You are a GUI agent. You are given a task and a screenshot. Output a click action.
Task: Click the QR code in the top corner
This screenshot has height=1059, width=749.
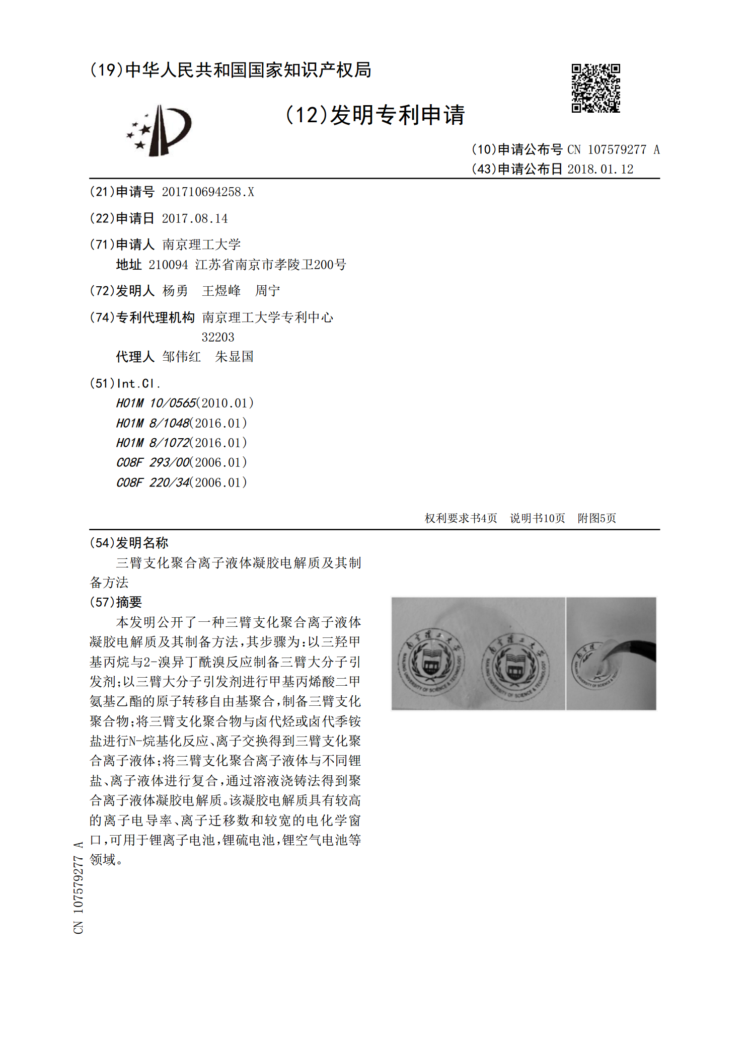595,88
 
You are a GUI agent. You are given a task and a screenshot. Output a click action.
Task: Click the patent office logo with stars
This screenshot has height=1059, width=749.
159,130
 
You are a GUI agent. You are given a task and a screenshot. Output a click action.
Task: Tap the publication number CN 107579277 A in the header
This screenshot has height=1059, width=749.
613,149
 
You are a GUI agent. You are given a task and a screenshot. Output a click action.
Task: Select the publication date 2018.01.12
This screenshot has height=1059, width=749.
600,169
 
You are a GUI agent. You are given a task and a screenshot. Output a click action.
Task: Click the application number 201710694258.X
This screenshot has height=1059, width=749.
208,192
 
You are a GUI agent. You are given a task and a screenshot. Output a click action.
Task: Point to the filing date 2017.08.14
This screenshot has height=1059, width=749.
195,218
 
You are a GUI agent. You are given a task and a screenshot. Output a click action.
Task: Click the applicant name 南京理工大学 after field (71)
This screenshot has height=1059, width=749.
201,245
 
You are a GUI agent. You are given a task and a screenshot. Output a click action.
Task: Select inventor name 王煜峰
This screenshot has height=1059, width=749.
221,291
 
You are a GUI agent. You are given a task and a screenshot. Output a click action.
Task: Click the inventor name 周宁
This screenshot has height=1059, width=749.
267,291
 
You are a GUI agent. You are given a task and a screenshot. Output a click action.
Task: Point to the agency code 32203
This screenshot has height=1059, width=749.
218,337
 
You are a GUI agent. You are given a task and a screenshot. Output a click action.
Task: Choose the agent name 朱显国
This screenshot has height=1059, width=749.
234,357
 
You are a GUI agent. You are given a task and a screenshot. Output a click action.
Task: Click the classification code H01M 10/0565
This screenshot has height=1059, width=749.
156,403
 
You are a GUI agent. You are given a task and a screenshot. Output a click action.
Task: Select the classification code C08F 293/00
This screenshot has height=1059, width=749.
153,462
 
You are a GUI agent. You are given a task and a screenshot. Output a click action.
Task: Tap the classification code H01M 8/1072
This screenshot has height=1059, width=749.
153,443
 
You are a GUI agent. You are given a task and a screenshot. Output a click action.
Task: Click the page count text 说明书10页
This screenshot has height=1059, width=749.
537,518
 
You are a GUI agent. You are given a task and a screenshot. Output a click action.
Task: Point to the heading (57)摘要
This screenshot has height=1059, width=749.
116,602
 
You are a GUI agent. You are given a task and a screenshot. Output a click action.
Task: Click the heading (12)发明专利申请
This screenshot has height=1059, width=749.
375,115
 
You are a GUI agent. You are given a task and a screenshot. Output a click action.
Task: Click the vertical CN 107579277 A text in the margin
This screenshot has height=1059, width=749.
79,887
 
